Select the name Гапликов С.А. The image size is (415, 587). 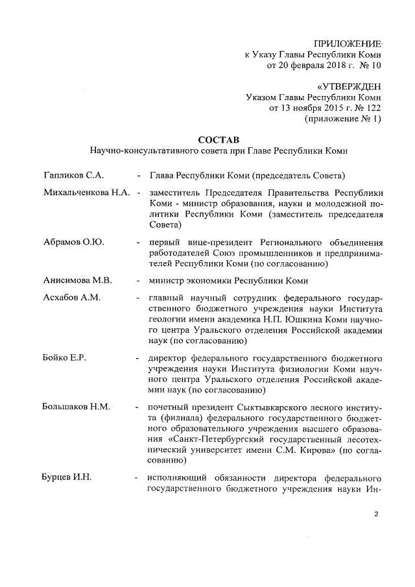tap(74, 175)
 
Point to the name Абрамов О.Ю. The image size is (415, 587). tap(73, 242)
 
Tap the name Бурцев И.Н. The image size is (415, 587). tap(68, 478)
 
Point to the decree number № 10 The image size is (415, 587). tap(370, 66)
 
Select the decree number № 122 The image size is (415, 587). tap(367, 108)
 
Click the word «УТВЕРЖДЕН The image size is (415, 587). tap(350, 86)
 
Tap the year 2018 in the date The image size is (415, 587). tap(331, 66)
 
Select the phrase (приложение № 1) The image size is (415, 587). tap(343, 119)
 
